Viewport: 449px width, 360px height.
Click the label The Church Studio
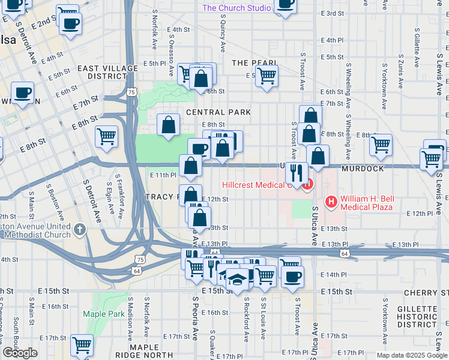(x=237, y=8)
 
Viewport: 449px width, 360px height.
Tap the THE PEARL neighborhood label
(x=255, y=63)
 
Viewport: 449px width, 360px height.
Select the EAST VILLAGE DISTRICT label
(x=101, y=73)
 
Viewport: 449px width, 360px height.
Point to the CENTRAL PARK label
(x=218, y=112)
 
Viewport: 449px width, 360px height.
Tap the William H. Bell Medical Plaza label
(x=366, y=203)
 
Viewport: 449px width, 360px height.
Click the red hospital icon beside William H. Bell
(x=330, y=202)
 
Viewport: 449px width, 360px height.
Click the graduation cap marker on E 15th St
(x=238, y=280)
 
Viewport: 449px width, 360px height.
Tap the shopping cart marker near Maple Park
(x=82, y=346)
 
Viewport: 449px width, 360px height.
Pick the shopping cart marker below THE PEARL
(x=267, y=76)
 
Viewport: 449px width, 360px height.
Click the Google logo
(x=20, y=353)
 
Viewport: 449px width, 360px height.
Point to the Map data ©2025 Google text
(x=412, y=355)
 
